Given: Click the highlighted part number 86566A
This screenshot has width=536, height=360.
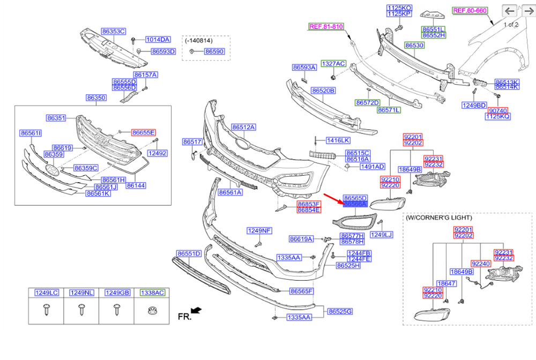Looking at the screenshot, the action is [x=355, y=204].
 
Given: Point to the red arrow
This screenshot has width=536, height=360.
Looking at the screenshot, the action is [x=333, y=199].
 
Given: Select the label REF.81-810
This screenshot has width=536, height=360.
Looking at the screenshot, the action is [x=326, y=27].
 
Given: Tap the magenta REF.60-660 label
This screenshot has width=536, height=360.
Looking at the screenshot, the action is [x=470, y=11].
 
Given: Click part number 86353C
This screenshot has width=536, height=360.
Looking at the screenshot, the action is [x=114, y=32].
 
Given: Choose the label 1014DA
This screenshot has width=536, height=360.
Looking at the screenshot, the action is [x=158, y=40].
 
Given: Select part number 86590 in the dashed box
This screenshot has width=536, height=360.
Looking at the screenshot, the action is [x=214, y=51].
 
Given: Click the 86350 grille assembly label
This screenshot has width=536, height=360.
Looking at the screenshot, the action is [x=96, y=97].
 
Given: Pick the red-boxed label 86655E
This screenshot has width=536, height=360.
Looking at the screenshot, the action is [x=144, y=132].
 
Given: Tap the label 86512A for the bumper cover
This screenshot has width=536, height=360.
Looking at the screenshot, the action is [x=243, y=127].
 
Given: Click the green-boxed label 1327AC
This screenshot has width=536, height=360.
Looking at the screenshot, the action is [x=333, y=64].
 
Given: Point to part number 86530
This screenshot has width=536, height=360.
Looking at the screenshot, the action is [x=414, y=45].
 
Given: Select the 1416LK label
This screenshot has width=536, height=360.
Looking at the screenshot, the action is [x=338, y=140].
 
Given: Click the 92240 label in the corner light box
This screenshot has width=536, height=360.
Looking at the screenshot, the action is [x=481, y=264].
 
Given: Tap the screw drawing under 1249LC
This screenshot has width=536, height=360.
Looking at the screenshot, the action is [x=46, y=311].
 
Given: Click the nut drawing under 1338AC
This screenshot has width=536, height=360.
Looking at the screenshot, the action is [x=152, y=311].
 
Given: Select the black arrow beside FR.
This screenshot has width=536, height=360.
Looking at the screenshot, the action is [x=196, y=311].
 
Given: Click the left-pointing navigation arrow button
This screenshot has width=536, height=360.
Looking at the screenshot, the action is [x=509, y=11].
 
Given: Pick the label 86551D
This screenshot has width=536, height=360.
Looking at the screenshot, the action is [x=189, y=254].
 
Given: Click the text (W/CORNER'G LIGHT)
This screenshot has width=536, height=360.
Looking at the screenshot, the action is [x=439, y=217].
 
